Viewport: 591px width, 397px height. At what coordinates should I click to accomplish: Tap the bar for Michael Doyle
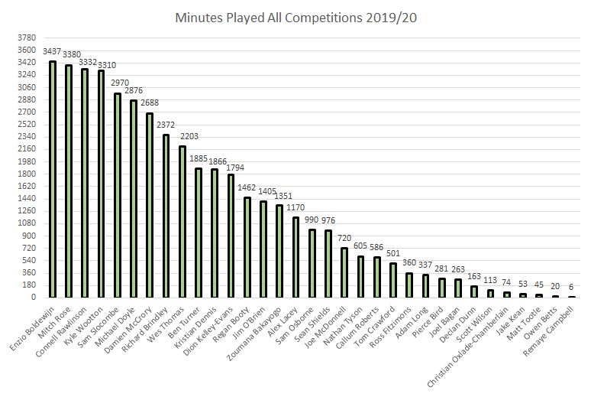[x=134, y=199]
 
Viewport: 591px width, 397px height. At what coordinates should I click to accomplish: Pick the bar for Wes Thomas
[x=182, y=222]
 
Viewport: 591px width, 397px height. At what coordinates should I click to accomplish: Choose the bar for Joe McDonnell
[x=344, y=272]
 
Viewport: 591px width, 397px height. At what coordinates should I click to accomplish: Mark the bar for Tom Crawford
[x=393, y=280]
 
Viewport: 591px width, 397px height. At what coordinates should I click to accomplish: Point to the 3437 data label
[x=53, y=52]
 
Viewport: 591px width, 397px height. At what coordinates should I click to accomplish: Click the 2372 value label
[x=166, y=125]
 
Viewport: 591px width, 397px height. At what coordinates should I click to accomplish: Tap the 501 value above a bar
[x=393, y=254]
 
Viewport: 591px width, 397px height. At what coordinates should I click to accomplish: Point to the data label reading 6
[x=571, y=288]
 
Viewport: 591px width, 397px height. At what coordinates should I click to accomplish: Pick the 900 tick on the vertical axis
[x=28, y=236]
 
